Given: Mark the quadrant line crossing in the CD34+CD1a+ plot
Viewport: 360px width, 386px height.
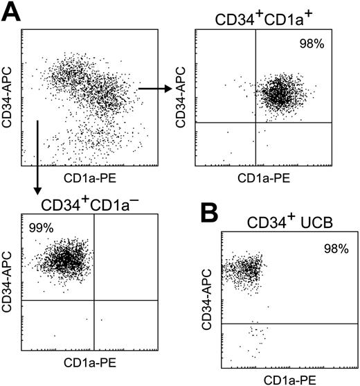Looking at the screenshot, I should (x=255, y=123).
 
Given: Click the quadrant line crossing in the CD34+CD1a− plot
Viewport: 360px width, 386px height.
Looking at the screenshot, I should (x=94, y=300).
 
